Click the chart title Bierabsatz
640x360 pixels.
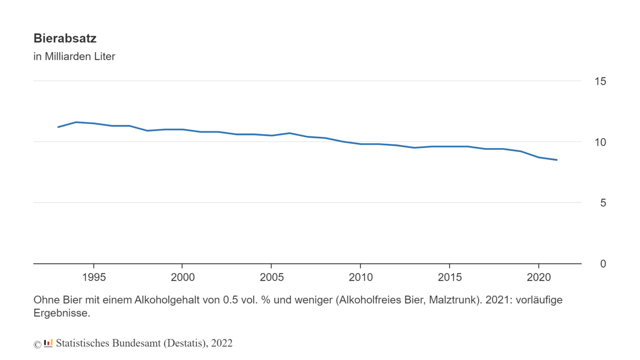[x=65, y=38]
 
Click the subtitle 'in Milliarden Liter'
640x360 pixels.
[x=74, y=56]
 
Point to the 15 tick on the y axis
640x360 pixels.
[x=600, y=81]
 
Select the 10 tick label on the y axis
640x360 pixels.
[x=600, y=142]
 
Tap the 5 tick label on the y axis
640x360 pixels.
[x=603, y=203]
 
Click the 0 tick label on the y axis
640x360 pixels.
[x=603, y=263]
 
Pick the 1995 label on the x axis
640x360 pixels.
[x=93, y=277]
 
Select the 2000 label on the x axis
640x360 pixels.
[x=182, y=277]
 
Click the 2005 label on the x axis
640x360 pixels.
[x=271, y=277]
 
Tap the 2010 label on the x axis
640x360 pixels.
[x=360, y=277]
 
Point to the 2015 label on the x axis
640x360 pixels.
[x=449, y=277]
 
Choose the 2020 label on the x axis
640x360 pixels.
[x=538, y=277]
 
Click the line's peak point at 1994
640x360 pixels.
[x=76, y=122]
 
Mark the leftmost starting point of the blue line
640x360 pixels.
[x=58, y=127]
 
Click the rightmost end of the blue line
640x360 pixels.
[x=557, y=160]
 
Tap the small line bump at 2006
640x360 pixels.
[x=289, y=133]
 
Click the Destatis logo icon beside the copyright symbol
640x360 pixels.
[x=48, y=343]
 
